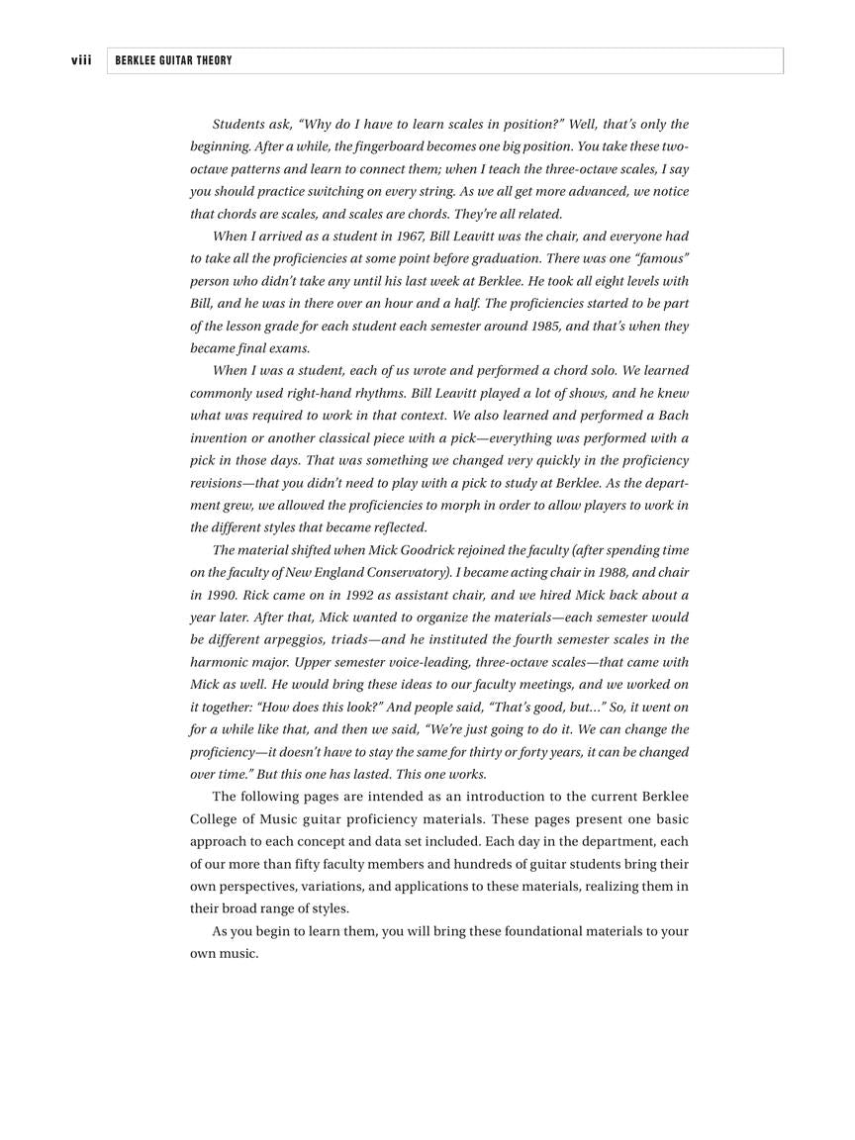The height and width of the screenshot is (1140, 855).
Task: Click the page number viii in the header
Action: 81,60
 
